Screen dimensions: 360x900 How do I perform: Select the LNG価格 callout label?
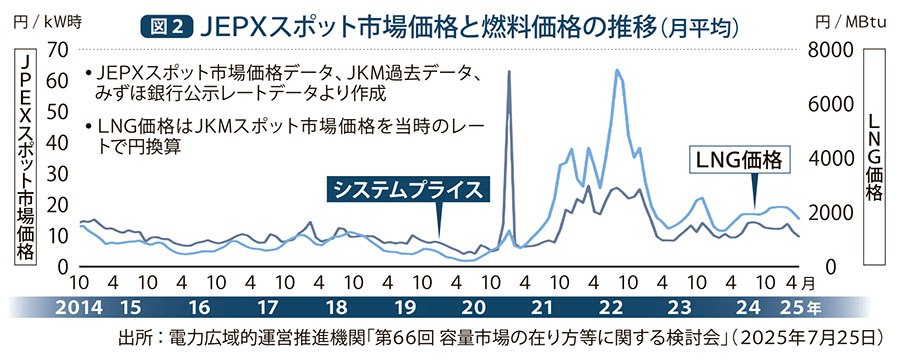click(736, 159)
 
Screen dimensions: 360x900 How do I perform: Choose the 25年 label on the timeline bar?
click(807, 306)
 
